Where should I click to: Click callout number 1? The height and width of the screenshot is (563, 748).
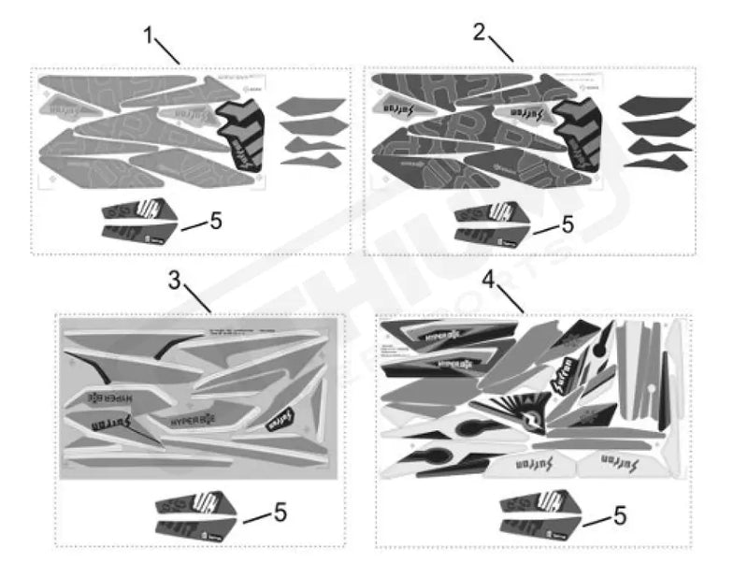click(x=148, y=35)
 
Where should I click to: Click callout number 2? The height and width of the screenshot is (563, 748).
click(x=479, y=33)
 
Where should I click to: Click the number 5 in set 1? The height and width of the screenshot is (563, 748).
click(x=215, y=221)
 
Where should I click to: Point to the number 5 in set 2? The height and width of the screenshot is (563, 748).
click(x=567, y=224)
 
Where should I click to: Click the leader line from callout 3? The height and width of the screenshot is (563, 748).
click(x=198, y=299)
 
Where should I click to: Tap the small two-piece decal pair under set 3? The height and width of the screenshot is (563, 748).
click(x=192, y=514)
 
